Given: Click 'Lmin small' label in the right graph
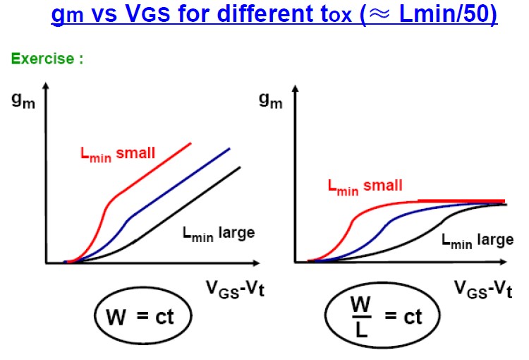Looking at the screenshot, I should pyautogui.click(x=365, y=186).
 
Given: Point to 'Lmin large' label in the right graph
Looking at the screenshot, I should pyautogui.click(x=478, y=240).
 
